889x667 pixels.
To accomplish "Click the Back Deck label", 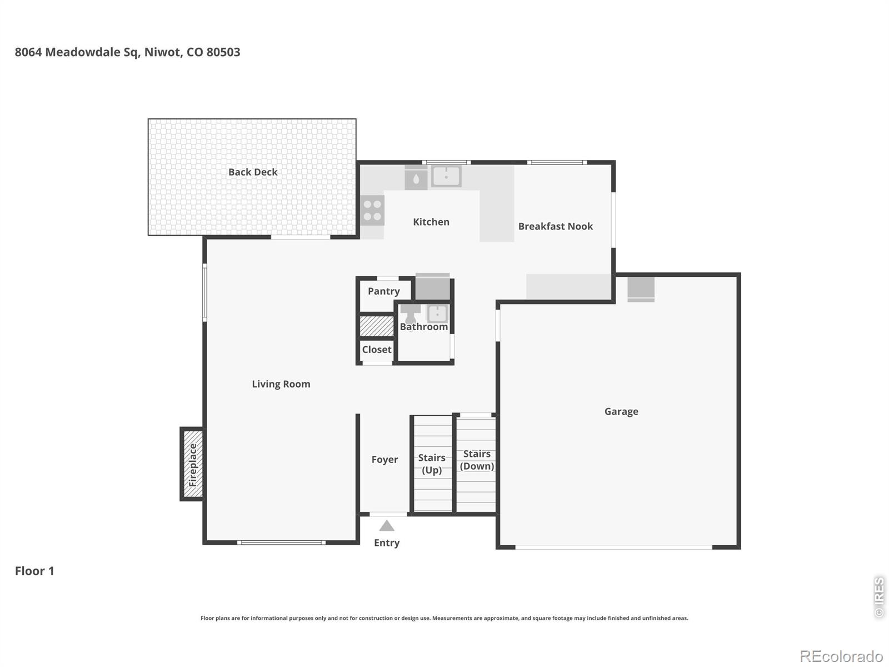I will (253, 172).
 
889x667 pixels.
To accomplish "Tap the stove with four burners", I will (372, 210).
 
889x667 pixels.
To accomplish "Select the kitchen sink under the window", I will (446, 176).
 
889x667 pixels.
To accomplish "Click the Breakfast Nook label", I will (555, 226).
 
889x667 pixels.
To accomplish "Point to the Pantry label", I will (383, 291).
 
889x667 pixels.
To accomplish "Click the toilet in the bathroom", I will (411, 313).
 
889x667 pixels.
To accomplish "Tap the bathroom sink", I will (437, 313).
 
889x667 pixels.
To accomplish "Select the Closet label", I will (377, 350).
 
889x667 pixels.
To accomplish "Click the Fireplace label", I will (193, 465).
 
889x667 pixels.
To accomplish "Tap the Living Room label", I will (281, 384).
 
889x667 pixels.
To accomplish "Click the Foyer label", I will (384, 460).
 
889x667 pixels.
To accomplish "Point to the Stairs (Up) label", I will (432, 464).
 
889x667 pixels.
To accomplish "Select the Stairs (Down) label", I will (477, 460).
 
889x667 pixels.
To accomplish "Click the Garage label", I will (621, 412).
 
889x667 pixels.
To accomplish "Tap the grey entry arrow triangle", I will (387, 526).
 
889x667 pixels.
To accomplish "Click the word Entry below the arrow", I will (387, 543).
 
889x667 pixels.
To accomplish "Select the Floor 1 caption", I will (34, 571).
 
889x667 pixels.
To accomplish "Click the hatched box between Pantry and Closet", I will (376, 326).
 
